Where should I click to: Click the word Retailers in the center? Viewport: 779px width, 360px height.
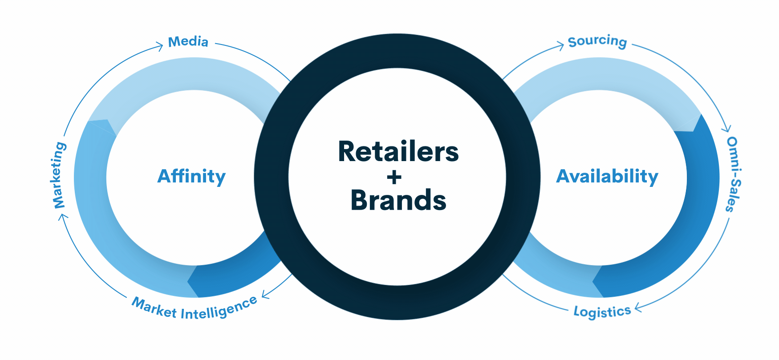[x=398, y=152]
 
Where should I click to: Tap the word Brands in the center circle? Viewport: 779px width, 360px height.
[x=398, y=200]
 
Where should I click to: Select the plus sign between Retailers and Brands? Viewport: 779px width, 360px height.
[x=394, y=177]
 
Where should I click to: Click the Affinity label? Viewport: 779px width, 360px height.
[x=191, y=176]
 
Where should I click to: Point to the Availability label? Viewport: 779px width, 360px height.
[x=607, y=176]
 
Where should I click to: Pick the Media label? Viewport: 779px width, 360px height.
[x=188, y=42]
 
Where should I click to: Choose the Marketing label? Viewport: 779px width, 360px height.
[x=59, y=175]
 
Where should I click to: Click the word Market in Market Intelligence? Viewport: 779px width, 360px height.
[x=154, y=307]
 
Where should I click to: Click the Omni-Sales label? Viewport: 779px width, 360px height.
[x=733, y=174]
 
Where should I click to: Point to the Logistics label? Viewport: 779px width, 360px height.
[x=602, y=311]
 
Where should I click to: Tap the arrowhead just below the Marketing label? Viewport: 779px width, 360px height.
[x=63, y=216]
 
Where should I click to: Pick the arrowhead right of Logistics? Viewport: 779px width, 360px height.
[x=637, y=307]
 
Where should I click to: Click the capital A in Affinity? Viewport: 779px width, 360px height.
[x=165, y=176]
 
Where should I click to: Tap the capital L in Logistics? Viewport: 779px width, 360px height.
[x=576, y=312]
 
